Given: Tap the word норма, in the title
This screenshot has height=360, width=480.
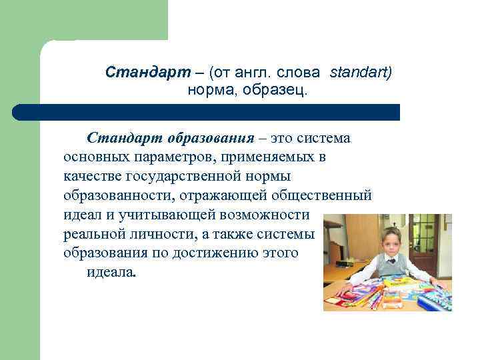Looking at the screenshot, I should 211,89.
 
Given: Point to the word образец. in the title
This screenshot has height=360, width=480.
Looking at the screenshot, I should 275,89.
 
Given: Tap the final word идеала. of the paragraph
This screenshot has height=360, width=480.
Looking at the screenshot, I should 111,273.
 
